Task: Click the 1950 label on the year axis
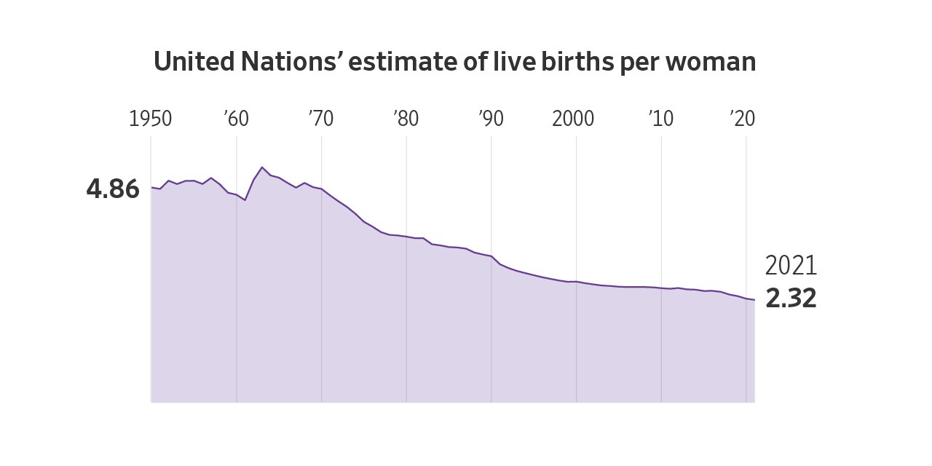150,119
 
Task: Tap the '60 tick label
237,119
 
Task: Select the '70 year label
321,119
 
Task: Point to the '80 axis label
406,119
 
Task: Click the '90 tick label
491,119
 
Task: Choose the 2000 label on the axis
573,119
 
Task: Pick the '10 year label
661,119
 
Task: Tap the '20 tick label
743,119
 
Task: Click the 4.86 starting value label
113,189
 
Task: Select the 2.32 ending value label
791,299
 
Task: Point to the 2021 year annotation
791,266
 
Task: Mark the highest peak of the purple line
262,167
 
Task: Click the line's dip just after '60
245,200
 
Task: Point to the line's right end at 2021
754,300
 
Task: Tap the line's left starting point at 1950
151,188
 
